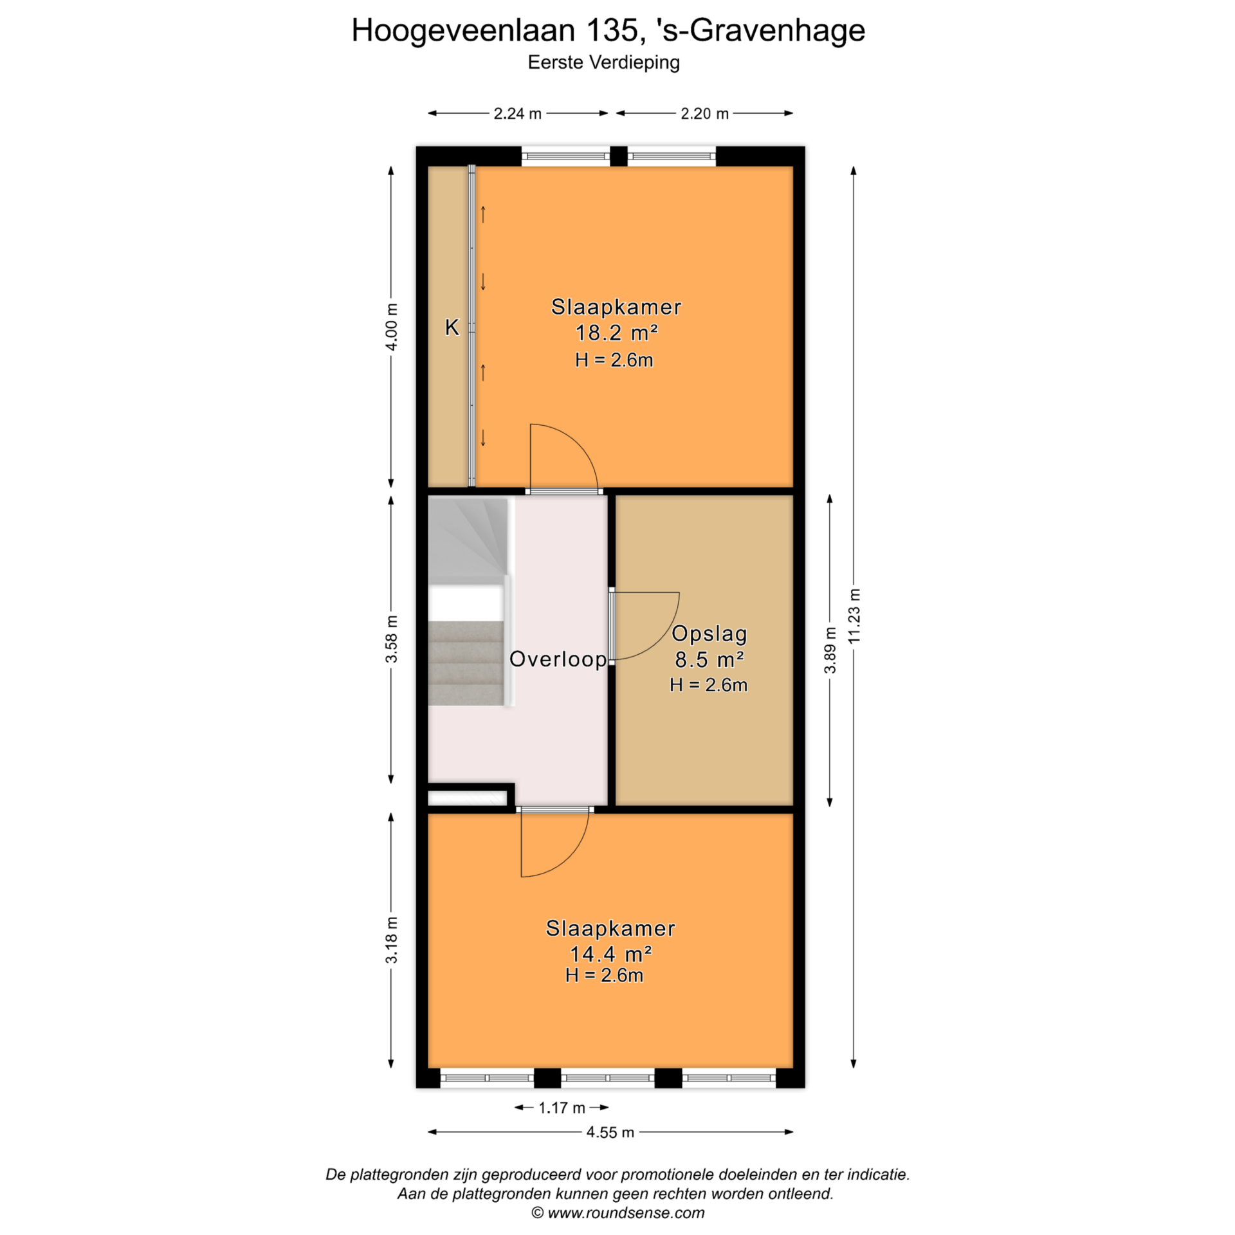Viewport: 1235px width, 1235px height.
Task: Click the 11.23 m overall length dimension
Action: click(854, 616)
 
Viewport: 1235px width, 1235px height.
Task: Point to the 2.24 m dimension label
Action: click(517, 114)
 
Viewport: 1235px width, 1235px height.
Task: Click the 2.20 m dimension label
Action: click(704, 114)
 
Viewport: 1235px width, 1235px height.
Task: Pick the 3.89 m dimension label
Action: click(830, 650)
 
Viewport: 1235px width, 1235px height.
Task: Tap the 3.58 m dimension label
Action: click(391, 639)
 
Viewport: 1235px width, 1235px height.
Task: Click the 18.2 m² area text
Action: click(616, 333)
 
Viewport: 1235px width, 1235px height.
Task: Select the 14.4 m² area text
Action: click(610, 953)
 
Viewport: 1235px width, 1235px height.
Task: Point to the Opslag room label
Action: click(709, 634)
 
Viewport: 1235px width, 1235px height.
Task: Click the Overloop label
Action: click(558, 659)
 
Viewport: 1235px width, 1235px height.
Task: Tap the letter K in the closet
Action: click(452, 327)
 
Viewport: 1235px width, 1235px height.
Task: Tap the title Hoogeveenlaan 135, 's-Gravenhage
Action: click(608, 31)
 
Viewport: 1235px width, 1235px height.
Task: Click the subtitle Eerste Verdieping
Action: click(603, 62)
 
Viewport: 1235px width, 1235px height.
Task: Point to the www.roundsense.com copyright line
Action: click(617, 1213)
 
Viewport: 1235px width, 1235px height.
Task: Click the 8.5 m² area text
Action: click(709, 659)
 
